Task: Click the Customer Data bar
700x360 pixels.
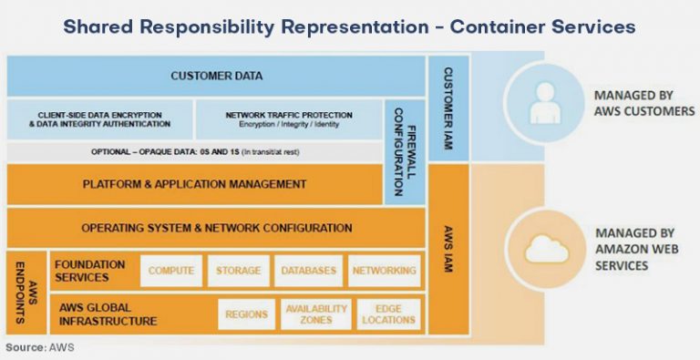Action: coord(216,76)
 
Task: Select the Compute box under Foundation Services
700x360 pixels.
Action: coord(171,271)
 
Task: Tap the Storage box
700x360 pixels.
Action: coord(238,271)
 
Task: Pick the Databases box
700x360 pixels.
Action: coord(307,271)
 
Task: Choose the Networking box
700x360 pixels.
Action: coord(385,271)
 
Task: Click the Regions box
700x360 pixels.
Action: coord(247,314)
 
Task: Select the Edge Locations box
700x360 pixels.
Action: coord(387,314)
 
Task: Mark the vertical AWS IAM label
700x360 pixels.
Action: coord(448,242)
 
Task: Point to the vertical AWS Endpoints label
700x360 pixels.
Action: coord(23,292)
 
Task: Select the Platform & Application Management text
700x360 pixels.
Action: coord(194,184)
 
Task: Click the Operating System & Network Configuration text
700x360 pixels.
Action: coord(216,228)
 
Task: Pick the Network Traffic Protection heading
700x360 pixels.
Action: coord(289,115)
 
